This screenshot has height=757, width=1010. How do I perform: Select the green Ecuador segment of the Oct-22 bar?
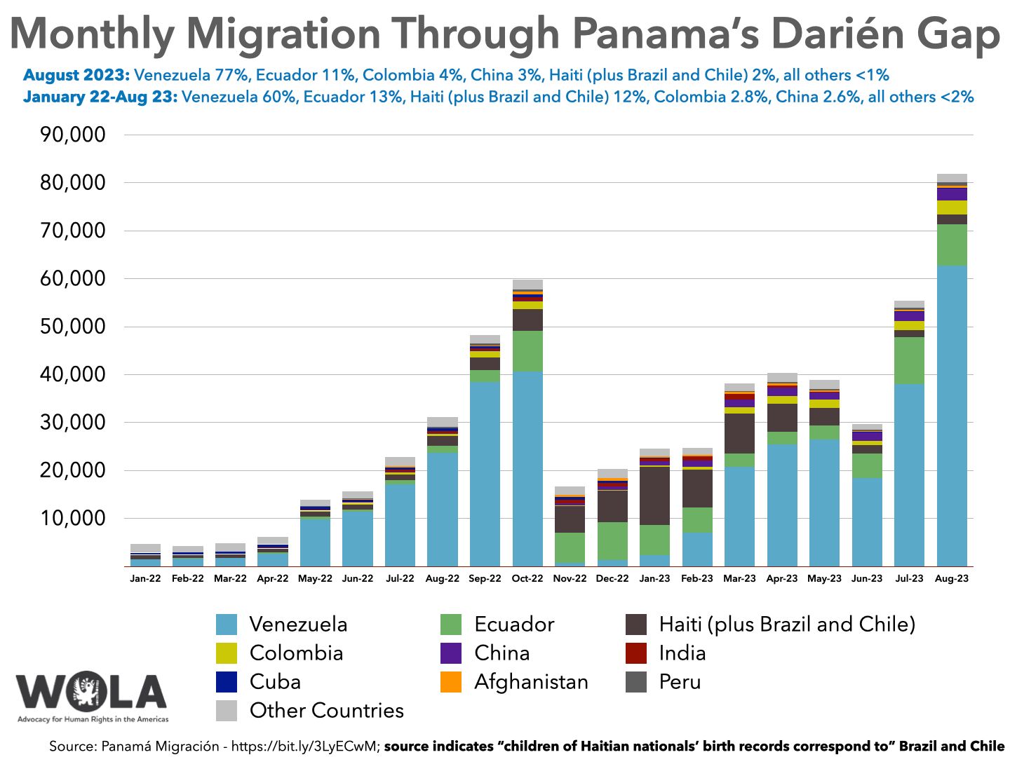coord(527,351)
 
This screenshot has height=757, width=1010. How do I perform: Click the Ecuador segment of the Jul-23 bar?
coord(909,360)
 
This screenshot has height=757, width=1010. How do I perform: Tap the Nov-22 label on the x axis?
coord(570,579)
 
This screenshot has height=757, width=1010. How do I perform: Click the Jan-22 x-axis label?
coord(145,579)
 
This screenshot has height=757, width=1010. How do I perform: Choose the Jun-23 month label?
coord(867,579)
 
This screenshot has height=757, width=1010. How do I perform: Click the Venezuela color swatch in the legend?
coord(227,625)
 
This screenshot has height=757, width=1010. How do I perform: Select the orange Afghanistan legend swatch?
coord(451,682)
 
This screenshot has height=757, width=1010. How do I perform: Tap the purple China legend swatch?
coord(451,653)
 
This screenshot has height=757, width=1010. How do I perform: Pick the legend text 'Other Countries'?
coord(327,711)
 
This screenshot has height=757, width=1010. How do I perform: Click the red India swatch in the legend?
coord(635,653)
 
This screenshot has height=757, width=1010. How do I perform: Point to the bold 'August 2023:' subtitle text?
coord(76,75)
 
